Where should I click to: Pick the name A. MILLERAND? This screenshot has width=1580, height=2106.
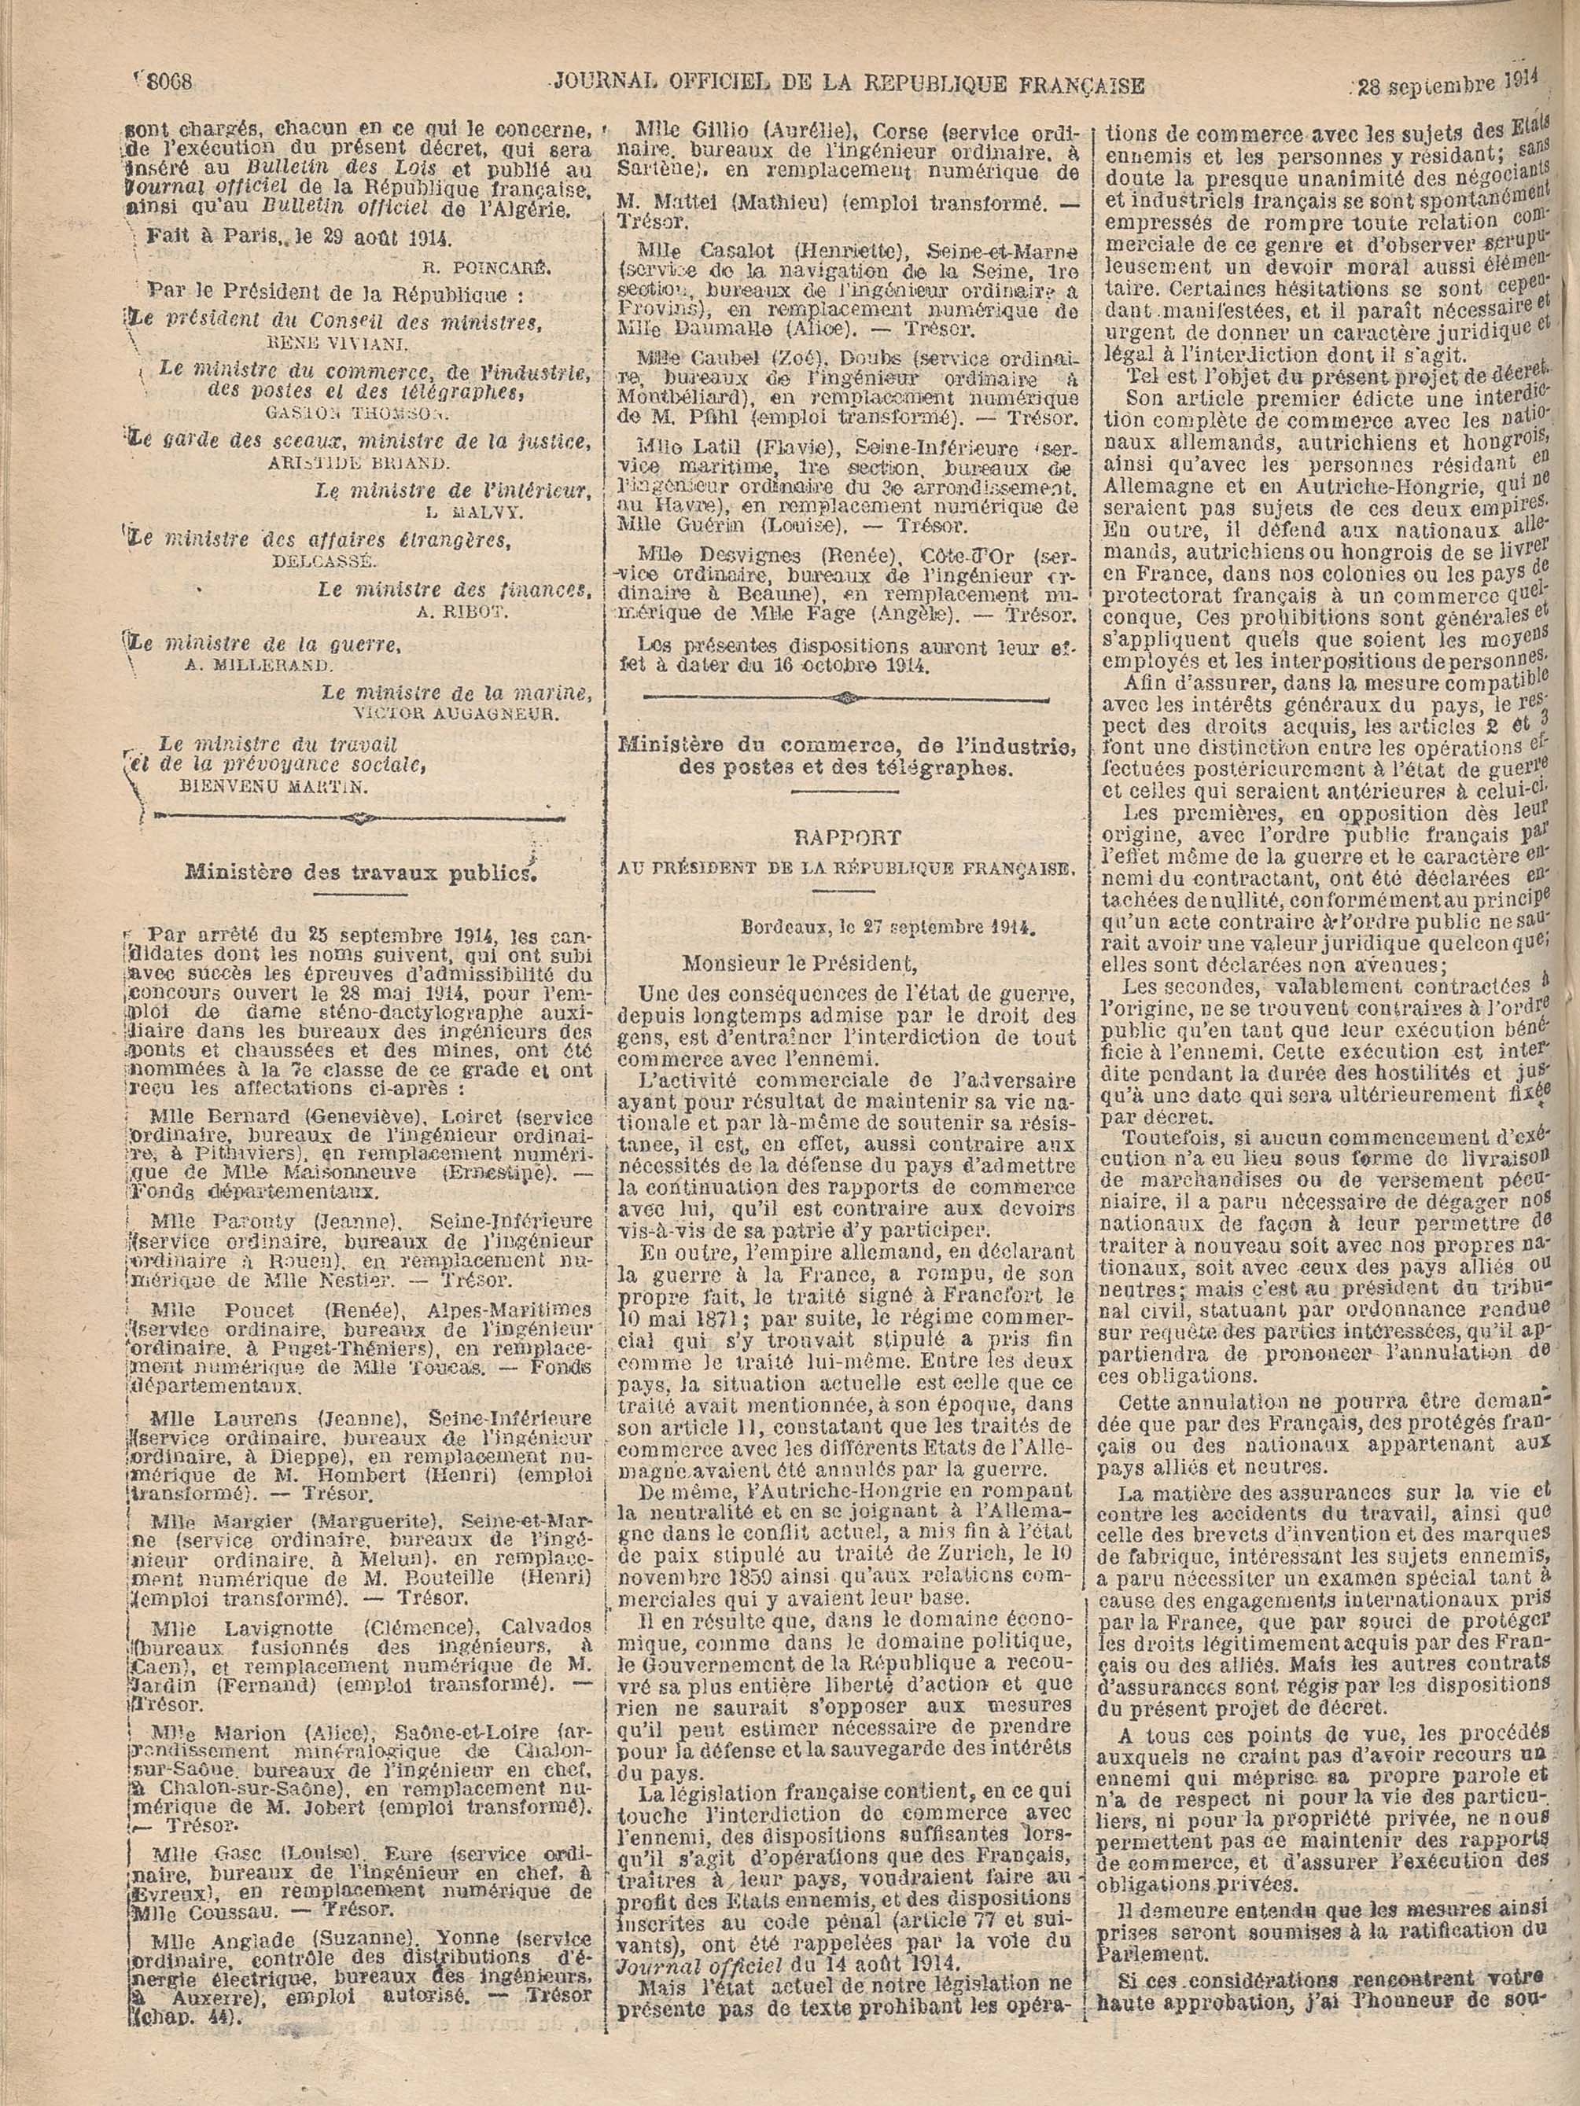(x=259, y=664)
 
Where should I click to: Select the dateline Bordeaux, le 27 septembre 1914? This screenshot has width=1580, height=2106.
(x=889, y=924)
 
